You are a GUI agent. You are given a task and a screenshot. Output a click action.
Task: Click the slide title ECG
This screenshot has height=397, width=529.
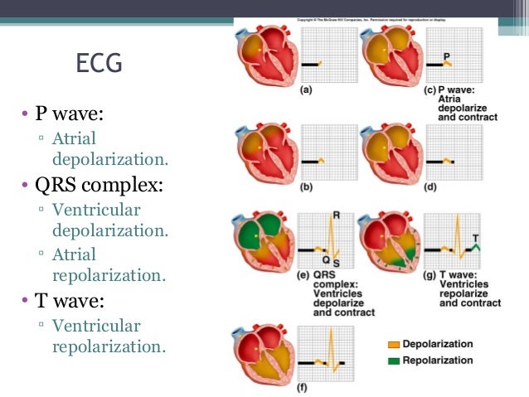[98, 64]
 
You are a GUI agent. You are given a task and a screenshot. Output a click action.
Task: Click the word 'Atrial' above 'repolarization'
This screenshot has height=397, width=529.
[74, 254]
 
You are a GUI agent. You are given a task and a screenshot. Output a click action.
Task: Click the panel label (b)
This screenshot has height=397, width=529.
[306, 188]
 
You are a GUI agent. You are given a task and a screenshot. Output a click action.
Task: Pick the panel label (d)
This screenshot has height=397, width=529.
[430, 188]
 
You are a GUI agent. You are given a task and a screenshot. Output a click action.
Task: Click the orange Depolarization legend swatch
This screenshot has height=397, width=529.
[392, 344]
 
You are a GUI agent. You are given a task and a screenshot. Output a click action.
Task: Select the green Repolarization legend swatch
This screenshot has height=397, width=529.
[392, 361]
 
